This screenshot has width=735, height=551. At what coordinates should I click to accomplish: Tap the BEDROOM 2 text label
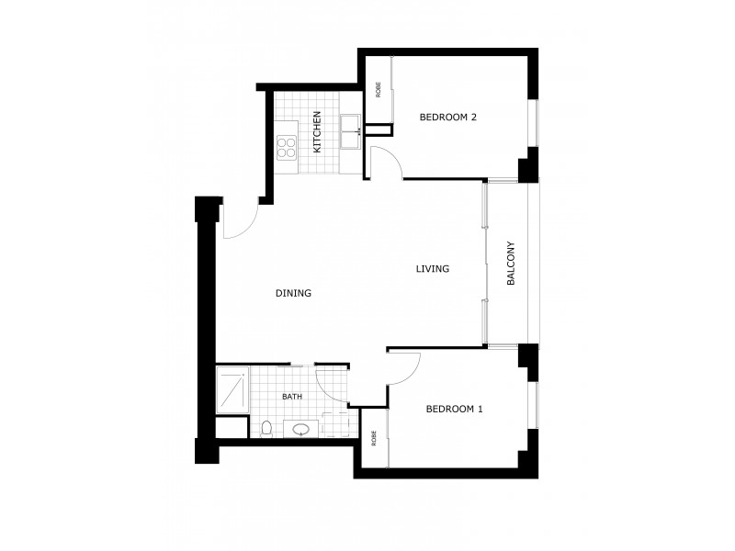(447, 117)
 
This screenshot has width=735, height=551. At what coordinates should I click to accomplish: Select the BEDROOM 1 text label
(454, 410)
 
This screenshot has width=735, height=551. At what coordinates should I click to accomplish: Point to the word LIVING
(432, 269)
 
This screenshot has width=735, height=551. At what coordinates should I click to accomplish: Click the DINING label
(294, 294)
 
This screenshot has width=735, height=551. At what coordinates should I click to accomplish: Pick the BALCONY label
(511, 265)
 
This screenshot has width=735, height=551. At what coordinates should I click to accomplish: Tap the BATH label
(292, 397)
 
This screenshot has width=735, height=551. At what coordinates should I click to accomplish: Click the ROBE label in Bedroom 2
(378, 90)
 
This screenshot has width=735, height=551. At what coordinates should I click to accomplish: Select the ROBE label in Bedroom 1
(374, 439)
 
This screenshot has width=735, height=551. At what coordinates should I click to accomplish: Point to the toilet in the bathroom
(266, 427)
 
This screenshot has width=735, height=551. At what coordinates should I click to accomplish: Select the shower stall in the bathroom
(232, 390)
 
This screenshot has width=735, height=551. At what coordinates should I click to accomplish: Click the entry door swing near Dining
(237, 223)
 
